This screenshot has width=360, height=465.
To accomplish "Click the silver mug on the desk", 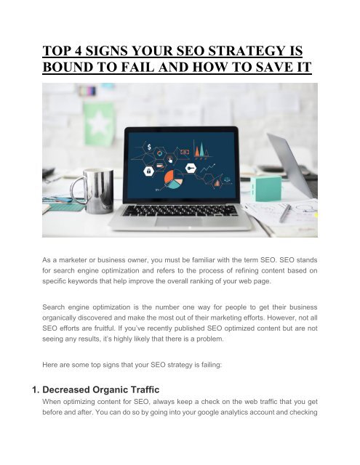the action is pos(100,190).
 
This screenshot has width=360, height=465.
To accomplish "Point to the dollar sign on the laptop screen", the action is pos(148,145).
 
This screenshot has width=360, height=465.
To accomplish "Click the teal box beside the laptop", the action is pos(266,187).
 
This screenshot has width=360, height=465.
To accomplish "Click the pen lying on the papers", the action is pos(285,213).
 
